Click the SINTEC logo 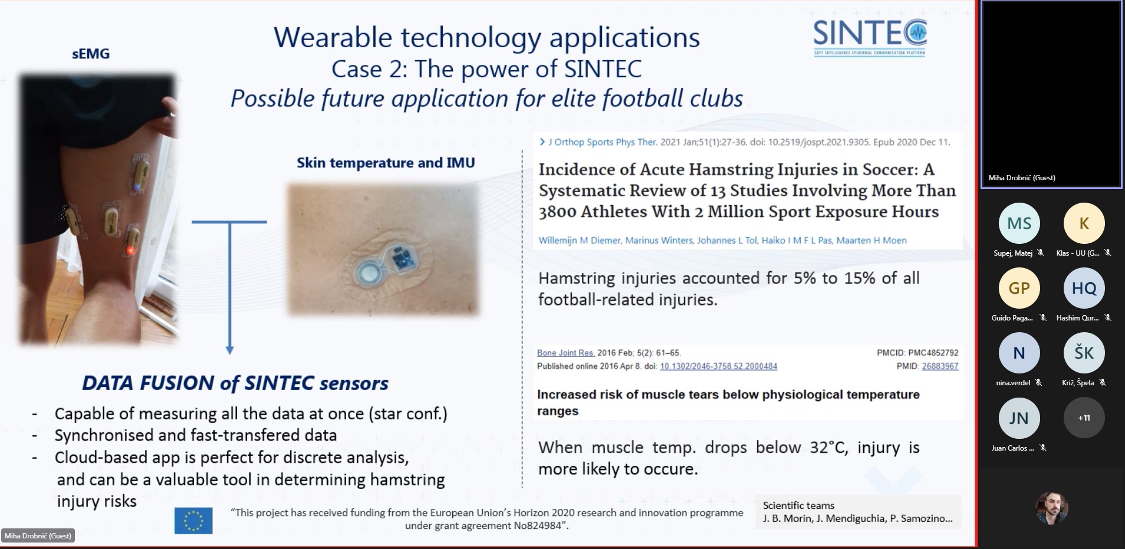(870, 37)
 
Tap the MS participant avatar (1019, 223)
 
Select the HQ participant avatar (1084, 288)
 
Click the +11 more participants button (1084, 418)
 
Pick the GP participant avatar (1019, 288)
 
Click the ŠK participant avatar (1084, 353)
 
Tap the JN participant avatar (1019, 418)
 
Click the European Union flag (193, 520)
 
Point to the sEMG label (91, 54)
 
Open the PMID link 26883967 (940, 366)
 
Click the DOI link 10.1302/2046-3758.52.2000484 (718, 366)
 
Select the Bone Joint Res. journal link (565, 353)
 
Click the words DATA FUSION (148, 383)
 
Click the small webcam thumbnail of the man (1052, 508)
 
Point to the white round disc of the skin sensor (370, 273)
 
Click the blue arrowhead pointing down (230, 350)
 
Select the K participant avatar (1084, 223)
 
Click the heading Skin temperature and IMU (386, 163)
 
